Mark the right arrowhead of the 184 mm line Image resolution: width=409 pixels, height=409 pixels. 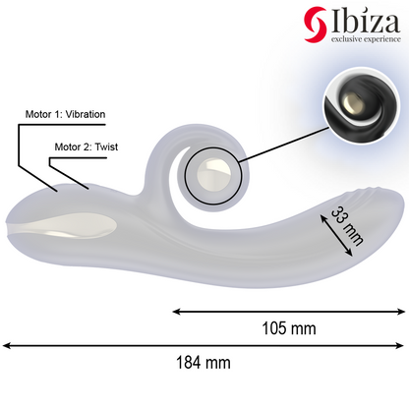coord(402,345)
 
